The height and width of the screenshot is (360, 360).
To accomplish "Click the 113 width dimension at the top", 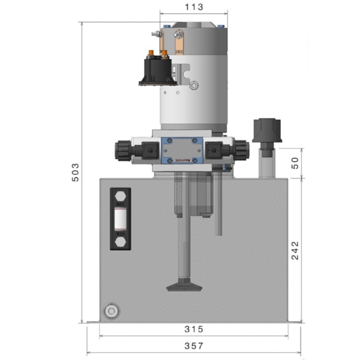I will pos(194,7).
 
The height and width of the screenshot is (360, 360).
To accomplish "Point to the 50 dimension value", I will pos(294,163).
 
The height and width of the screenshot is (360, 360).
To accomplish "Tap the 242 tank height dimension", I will pos(294,251).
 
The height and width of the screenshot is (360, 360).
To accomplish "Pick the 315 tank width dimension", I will pos(194,329).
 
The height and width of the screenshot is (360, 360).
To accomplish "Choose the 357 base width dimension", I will pos(194,346).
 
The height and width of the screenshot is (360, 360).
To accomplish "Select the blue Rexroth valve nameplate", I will pos(182,151).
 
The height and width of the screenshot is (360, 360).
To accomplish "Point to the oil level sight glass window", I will pos(121,220).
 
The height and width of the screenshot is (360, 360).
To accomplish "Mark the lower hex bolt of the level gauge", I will pos(121,241).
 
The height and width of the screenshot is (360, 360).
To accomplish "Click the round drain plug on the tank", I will pos(110,311).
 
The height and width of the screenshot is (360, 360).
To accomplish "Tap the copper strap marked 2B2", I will pos(178,44).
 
